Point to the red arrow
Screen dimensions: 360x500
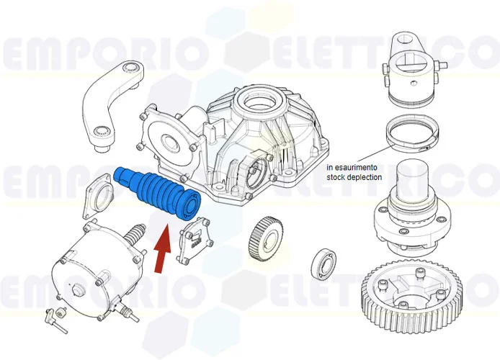164,249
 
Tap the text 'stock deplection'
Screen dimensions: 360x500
354,177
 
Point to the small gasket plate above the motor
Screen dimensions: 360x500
97,195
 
